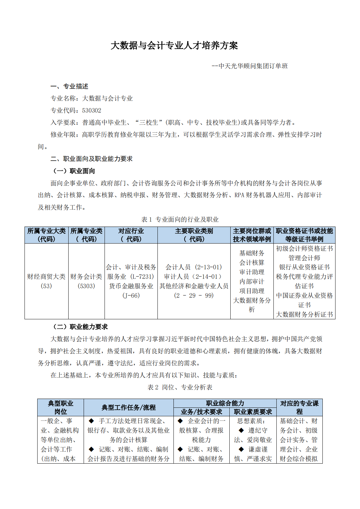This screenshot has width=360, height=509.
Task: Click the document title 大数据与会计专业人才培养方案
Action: pyautogui.click(x=174, y=45)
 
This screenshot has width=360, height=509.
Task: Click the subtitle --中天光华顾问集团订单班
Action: pyautogui.click(x=250, y=66)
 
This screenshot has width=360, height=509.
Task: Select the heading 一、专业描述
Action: pyautogui.click(x=69, y=86)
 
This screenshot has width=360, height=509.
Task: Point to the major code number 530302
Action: pyautogui.click(x=92, y=110)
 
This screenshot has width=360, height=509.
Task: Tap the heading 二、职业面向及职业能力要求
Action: pyautogui.click(x=91, y=159)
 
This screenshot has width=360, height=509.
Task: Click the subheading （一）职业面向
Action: pyautogui.click(x=74, y=171)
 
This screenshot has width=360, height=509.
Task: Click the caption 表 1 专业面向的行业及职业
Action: pyautogui.click(x=180, y=219)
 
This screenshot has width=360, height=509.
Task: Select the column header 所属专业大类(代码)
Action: pyautogui.click(x=46, y=235)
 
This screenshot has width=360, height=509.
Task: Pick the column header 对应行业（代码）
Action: pyautogui.click(x=131, y=235)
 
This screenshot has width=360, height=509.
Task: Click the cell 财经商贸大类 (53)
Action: pyautogui.click(x=46, y=281)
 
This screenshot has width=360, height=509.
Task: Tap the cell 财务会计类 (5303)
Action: pyautogui.click(x=86, y=281)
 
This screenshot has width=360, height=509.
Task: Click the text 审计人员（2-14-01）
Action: pyautogui.click(x=194, y=277)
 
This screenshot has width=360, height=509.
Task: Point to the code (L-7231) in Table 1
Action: pyautogui.click(x=142, y=277)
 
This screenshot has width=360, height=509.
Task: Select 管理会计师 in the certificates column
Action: pyautogui.click(x=304, y=258)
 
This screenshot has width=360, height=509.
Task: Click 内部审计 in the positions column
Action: pyautogui.click(x=252, y=281)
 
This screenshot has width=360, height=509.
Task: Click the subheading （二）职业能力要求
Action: pyautogui.click(x=80, y=327)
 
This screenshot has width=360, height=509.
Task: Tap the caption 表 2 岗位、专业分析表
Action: pyautogui.click(x=180, y=387)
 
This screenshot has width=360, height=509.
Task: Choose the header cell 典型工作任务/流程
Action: pyautogui.click(x=128, y=407)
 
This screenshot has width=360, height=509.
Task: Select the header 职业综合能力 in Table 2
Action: pyautogui.click(x=225, y=403)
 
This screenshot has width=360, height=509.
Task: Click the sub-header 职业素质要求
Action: pyautogui.click(x=253, y=412)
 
